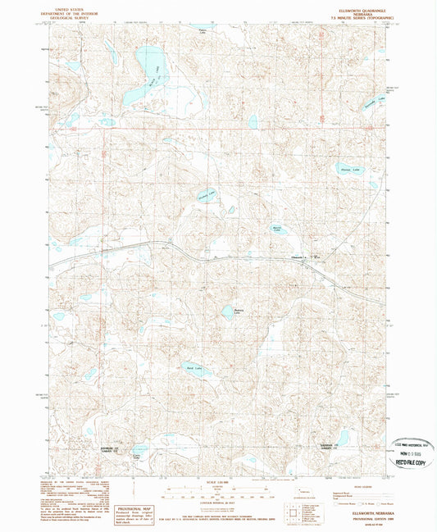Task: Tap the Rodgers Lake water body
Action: (227, 311)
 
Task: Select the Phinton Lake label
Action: (350, 171)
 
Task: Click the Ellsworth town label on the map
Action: (300, 259)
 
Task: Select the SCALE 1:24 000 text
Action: (217, 481)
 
